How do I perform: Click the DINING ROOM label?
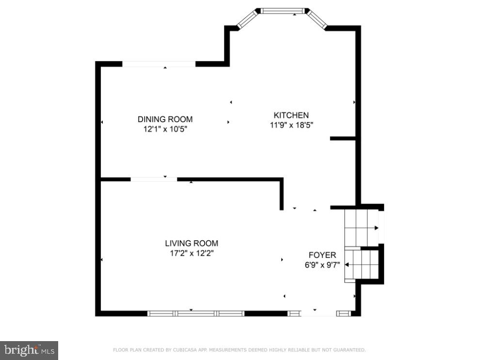point(165,119)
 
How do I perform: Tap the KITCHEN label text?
point(291,115)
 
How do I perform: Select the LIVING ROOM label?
point(192,244)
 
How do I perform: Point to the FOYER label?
point(322,255)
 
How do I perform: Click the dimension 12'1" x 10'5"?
point(165,129)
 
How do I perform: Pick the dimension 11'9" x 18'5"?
point(291,125)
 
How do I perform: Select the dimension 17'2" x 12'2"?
point(192,253)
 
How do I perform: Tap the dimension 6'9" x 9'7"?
point(322,265)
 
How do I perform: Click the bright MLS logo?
point(29,350)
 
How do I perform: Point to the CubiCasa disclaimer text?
point(240,350)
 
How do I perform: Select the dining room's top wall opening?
point(159,64)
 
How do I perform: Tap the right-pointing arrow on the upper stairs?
point(376,228)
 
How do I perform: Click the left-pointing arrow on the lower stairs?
point(347,265)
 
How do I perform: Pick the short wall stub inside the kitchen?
point(343,139)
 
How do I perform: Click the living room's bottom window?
point(195,313)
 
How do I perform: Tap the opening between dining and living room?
point(154,179)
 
